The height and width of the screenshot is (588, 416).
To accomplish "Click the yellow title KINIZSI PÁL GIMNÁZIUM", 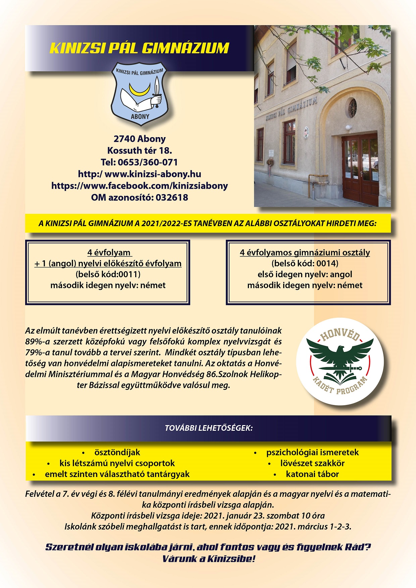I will pos(139,48).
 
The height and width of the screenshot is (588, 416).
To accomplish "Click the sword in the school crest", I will pos(157,91).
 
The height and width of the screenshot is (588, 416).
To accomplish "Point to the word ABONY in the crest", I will pos(140,117).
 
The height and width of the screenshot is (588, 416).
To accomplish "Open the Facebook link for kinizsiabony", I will pos(140,186).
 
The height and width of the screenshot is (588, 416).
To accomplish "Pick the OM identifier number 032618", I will pos(172,197).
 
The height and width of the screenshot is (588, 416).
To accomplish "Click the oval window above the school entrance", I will pos(352,108).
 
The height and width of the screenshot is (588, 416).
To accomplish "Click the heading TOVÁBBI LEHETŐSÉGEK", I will pos(208,428).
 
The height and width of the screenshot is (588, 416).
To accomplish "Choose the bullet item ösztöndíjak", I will pos(117,452).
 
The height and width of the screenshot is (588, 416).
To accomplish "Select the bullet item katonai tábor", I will pos(312,474).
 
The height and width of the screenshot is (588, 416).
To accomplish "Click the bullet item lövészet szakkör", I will pos(312,463).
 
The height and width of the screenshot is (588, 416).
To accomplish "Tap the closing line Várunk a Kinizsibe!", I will pos(208,559).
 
